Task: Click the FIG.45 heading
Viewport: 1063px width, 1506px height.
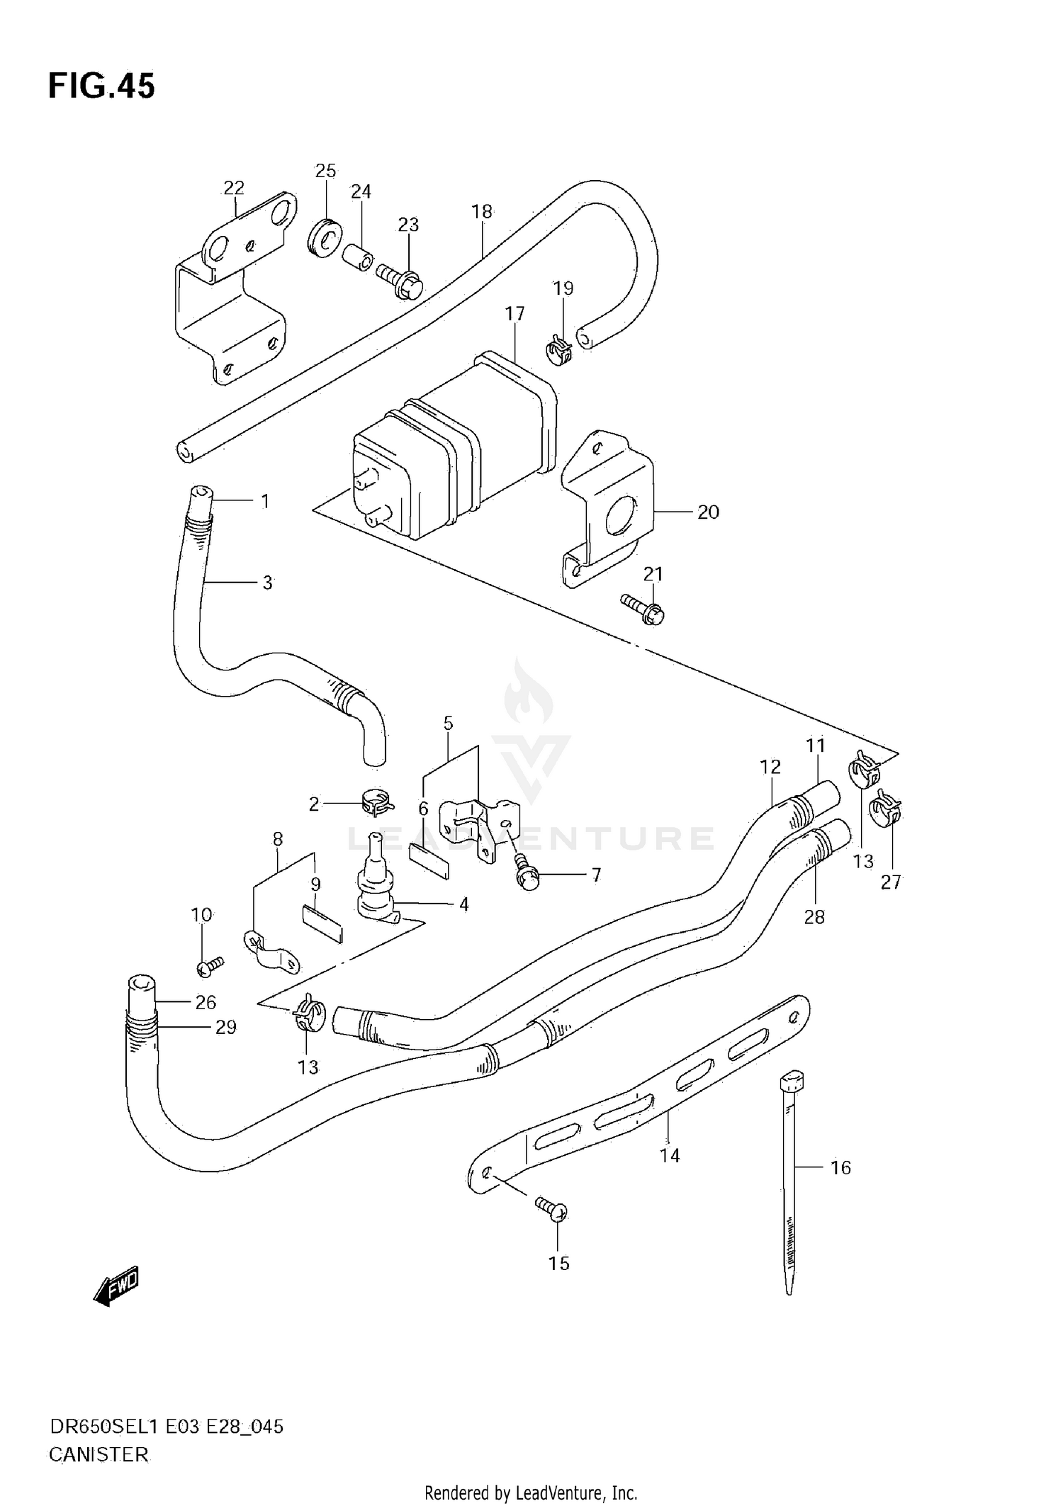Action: pyautogui.click(x=101, y=86)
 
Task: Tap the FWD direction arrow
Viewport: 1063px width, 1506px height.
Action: pyautogui.click(x=116, y=1286)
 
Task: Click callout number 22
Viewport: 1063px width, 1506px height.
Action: pyautogui.click(x=234, y=188)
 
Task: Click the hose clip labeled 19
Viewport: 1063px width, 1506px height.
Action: pyautogui.click(x=560, y=351)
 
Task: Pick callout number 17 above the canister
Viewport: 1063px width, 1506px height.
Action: pyautogui.click(x=514, y=313)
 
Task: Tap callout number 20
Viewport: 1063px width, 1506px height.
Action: pyautogui.click(x=708, y=512)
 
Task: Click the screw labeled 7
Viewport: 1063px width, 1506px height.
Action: pyautogui.click(x=528, y=873)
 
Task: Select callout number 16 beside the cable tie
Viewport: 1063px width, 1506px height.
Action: pyautogui.click(x=840, y=1167)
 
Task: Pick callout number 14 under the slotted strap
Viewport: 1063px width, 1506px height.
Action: pyautogui.click(x=670, y=1156)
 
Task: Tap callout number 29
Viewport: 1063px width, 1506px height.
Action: pyautogui.click(x=225, y=1027)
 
